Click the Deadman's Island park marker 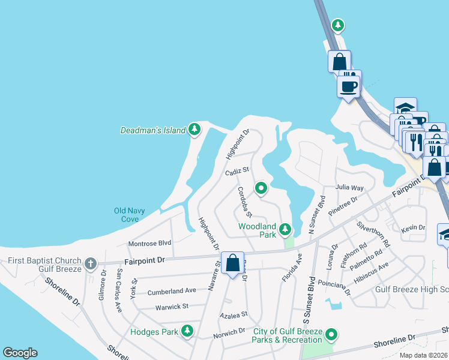click(194, 129)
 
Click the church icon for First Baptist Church click(90, 263)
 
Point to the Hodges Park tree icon click(187, 331)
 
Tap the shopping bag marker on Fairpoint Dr click(232, 263)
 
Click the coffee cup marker click(349, 86)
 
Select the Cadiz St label click(237, 171)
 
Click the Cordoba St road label click(244, 202)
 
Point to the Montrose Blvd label click(150, 243)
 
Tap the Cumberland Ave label click(173, 290)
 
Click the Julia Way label click(349, 188)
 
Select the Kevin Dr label click(413, 228)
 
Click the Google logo click(20, 353)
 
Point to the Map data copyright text click(424, 355)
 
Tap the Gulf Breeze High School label click(412, 289)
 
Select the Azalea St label click(233, 314)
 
